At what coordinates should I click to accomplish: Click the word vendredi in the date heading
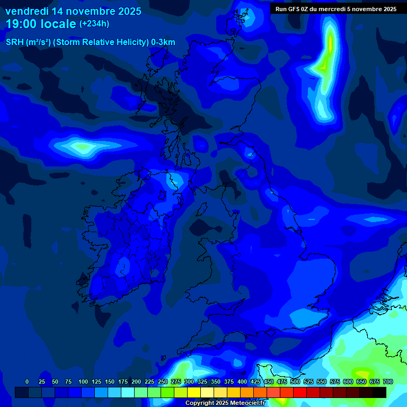pyautogui.click(x=26, y=11)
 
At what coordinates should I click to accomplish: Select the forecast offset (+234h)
pyautogui.click(x=94, y=24)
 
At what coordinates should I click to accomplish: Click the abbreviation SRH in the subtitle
pyautogui.click(x=15, y=42)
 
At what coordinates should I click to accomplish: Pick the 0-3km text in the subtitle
pyautogui.click(x=163, y=42)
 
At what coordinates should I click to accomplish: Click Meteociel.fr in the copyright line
pyautogui.click(x=247, y=403)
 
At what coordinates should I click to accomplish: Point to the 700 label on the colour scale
pyautogui.click(x=387, y=382)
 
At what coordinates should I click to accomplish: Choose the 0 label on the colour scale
pyautogui.click(x=27, y=382)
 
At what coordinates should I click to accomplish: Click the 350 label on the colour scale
pyautogui.click(x=216, y=382)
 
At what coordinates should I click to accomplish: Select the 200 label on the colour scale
pyautogui.click(x=136, y=382)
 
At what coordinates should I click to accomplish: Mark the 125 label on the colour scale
pyautogui.click(x=96, y=382)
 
